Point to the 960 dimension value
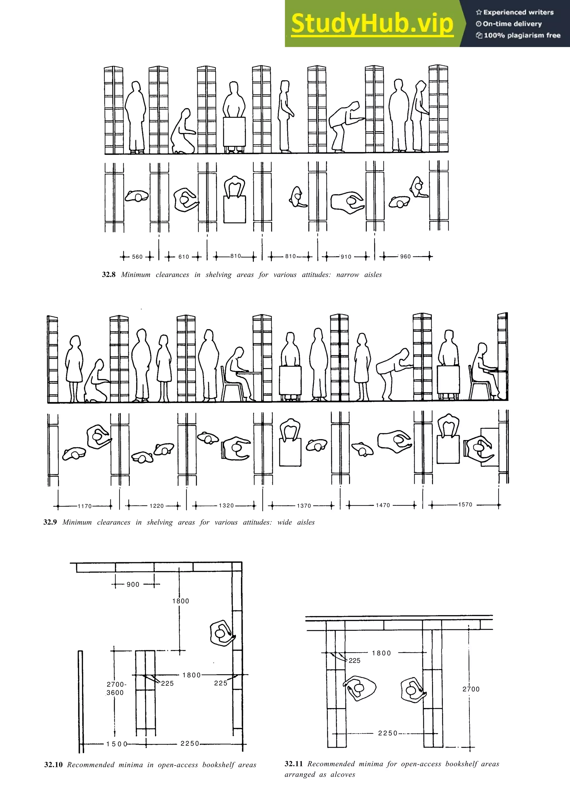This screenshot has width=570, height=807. pyautogui.click(x=405, y=256)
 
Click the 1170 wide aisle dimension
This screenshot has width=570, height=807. pyautogui.click(x=85, y=506)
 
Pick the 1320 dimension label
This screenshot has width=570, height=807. pyautogui.click(x=226, y=505)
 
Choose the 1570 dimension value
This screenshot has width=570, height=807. pyautogui.click(x=465, y=504)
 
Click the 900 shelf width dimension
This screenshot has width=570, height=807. pyautogui.click(x=133, y=585)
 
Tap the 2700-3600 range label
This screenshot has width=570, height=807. pyautogui.click(x=116, y=688)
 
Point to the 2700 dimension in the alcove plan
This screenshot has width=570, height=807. pyautogui.click(x=471, y=689)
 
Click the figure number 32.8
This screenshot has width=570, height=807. pyautogui.click(x=109, y=275)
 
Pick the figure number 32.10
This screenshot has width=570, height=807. pyautogui.click(x=53, y=765)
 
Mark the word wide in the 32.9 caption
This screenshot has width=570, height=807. pyautogui.click(x=284, y=522)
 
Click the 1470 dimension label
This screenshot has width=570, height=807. pyautogui.click(x=383, y=505)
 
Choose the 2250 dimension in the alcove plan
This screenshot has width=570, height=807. pyautogui.click(x=388, y=733)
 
